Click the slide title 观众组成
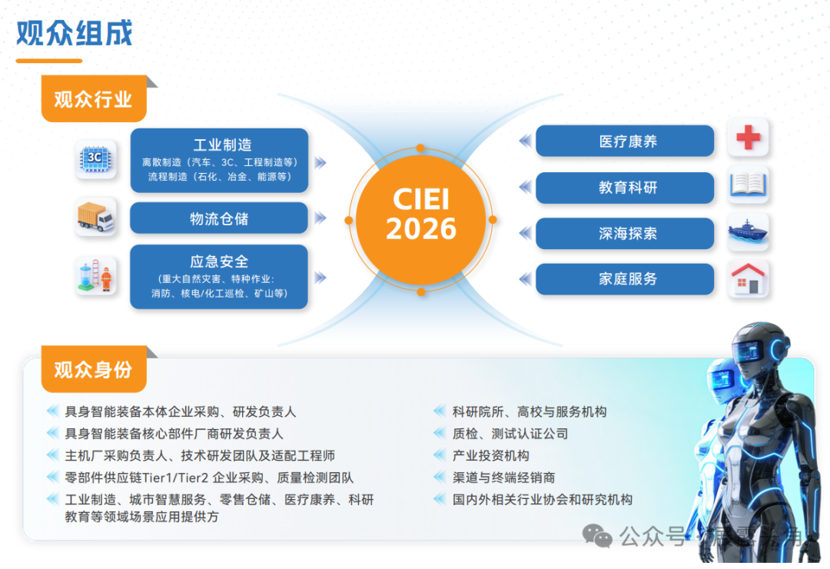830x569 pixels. [x=75, y=33]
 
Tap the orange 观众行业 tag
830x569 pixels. [x=93, y=99]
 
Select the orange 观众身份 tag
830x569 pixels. [x=93, y=370]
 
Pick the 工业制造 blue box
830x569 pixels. [x=219, y=160]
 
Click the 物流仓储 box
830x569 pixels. [x=219, y=219]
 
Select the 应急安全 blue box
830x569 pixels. [x=219, y=277]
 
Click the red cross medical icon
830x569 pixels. [x=748, y=138]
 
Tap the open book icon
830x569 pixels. [x=748, y=185]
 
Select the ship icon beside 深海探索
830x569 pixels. [x=748, y=232]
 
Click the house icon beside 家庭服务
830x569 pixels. [x=748, y=279]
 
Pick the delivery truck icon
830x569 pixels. [x=95, y=218]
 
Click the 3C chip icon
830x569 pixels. [x=95, y=159]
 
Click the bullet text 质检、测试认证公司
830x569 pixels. [x=510, y=434]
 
